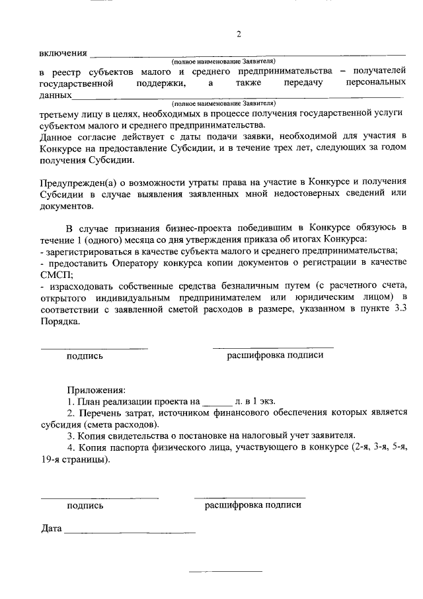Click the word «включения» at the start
point(63,53)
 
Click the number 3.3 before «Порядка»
point(399,309)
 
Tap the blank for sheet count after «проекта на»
point(216,402)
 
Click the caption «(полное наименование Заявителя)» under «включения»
point(223,61)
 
